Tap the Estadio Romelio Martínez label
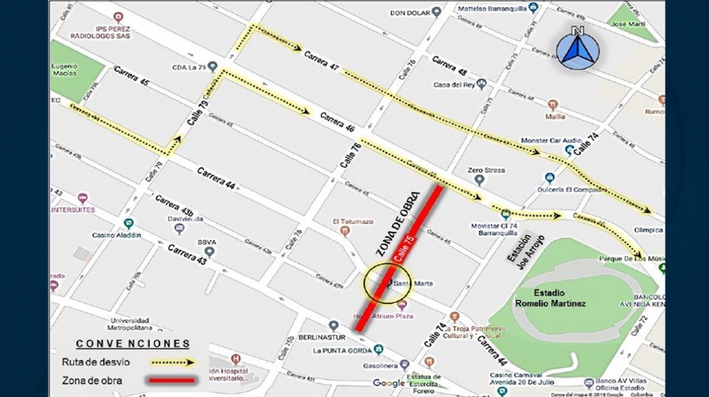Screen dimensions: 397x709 pyautogui.click(x=550, y=298)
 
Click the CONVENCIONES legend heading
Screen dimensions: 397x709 pyautogui.click(x=133, y=344)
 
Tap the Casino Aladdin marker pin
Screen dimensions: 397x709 pyautogui.click(x=129, y=224)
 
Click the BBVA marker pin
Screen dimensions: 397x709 pyautogui.click(x=210, y=252)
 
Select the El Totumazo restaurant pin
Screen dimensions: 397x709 pyautogui.click(x=345, y=230)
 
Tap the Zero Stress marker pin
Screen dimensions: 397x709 pyautogui.click(x=479, y=180)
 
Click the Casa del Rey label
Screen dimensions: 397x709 pyautogui.click(x=454, y=85)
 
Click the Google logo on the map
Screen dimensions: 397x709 pyautogui.click(x=388, y=383)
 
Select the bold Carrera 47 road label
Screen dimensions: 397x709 pyautogui.click(x=322, y=60)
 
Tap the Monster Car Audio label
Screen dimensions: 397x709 pyautogui.click(x=543, y=140)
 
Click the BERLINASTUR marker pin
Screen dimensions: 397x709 pyautogui.click(x=334, y=325)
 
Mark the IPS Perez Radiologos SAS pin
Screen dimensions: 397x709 pyautogui.click(x=118, y=17)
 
